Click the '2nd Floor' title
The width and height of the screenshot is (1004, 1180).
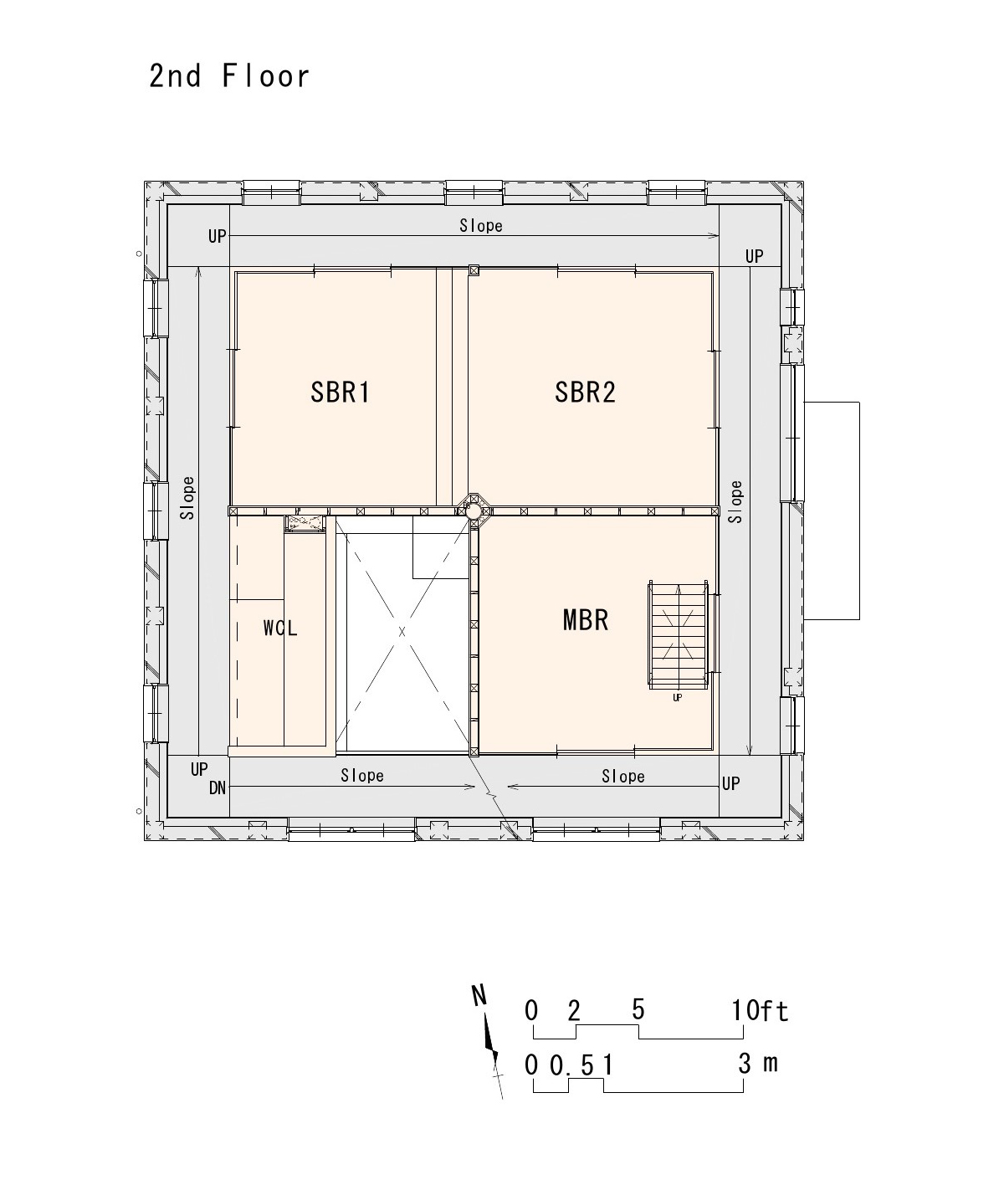pyautogui.click(x=229, y=76)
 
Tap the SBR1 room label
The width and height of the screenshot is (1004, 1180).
pyautogui.click(x=341, y=392)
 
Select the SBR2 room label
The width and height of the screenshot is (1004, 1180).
pyautogui.click(x=585, y=392)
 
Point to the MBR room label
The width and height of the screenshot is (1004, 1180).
pyautogui.click(x=586, y=620)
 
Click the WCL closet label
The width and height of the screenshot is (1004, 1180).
pyautogui.click(x=280, y=628)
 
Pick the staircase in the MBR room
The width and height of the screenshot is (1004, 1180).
pyautogui.click(x=678, y=635)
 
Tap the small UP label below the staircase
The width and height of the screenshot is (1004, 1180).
pyautogui.click(x=678, y=697)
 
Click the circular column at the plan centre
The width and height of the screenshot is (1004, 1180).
pyautogui.click(x=474, y=510)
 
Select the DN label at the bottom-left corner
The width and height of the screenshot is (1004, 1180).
pyautogui.click(x=218, y=788)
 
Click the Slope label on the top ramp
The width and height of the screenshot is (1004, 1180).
pyautogui.click(x=481, y=225)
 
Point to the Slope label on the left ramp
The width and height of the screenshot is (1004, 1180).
pyautogui.click(x=187, y=498)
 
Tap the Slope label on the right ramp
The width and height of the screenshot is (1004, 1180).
pyautogui.click(x=735, y=501)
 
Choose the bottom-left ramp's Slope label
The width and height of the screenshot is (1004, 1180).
pyautogui.click(x=362, y=775)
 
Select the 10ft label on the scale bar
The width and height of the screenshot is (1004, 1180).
pyautogui.click(x=760, y=1010)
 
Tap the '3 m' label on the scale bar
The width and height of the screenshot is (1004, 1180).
pyautogui.click(x=758, y=1063)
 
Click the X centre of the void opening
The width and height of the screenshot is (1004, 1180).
pyautogui.click(x=402, y=631)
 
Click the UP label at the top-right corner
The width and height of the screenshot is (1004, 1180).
pyautogui.click(x=754, y=256)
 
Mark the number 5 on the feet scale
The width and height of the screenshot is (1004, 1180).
pyautogui.click(x=638, y=1009)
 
